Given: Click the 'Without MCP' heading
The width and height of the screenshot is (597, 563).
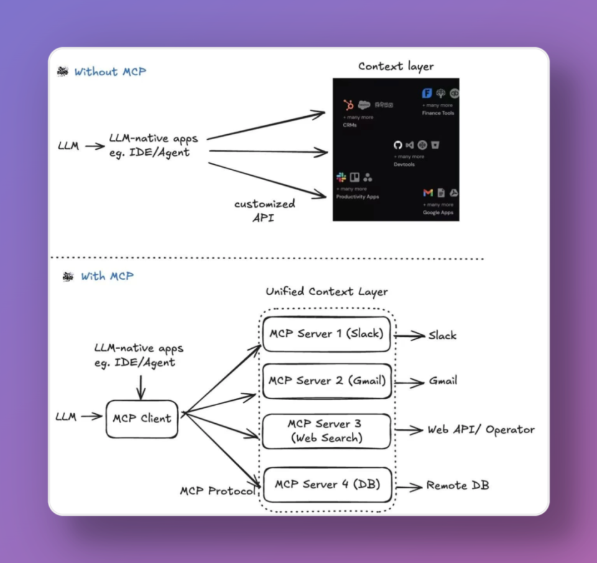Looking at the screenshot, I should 110,71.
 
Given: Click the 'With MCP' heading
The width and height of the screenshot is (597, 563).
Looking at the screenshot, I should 107,276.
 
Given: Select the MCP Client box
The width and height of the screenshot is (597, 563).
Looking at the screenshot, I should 142,418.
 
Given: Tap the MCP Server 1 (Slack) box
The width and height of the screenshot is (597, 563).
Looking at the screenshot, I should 326,334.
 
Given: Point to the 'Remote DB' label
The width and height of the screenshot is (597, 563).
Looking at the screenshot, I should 458,485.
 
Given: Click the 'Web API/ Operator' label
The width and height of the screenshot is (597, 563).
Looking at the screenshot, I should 480,429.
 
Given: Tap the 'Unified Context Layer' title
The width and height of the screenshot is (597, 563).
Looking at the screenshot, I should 326,291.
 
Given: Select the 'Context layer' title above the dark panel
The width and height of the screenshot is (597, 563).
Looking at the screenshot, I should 396,66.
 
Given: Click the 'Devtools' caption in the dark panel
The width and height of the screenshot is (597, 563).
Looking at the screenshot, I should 404,165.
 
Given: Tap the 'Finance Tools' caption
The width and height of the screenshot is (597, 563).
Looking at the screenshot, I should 438,113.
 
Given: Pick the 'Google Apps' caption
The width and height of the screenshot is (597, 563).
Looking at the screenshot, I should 438,213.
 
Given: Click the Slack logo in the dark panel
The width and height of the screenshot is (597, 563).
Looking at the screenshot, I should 341,178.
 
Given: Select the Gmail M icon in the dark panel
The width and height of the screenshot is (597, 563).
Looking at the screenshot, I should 428,193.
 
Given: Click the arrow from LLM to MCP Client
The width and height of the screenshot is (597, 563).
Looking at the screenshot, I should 91,417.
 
